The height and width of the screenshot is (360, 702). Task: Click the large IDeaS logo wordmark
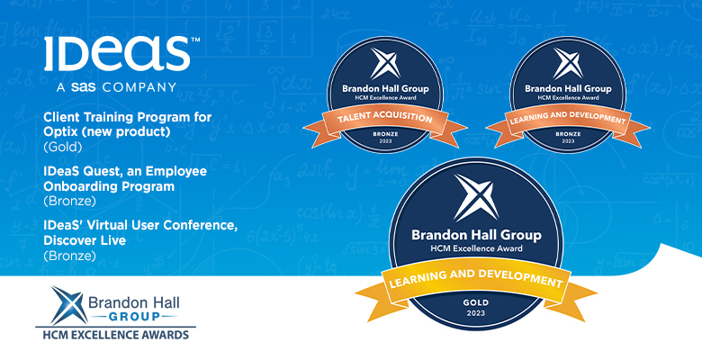click(x=117, y=54)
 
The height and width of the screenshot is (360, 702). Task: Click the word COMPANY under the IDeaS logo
click(x=139, y=87)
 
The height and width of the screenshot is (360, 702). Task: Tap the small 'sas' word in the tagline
click(x=83, y=87)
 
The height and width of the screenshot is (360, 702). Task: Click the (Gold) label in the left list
click(x=63, y=147)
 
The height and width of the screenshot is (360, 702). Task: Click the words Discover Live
click(x=85, y=240)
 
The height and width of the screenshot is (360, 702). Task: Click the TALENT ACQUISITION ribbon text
click(x=384, y=117)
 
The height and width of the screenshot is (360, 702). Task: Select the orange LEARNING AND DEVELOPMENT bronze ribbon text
click(x=568, y=117)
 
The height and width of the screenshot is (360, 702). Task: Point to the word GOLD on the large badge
click(x=475, y=303)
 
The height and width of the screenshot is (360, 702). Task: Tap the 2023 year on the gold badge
click(x=475, y=313)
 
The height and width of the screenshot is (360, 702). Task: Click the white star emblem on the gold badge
click(x=476, y=197)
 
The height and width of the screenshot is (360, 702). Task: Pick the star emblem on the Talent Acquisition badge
click(x=385, y=64)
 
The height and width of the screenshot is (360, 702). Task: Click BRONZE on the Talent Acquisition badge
click(x=385, y=134)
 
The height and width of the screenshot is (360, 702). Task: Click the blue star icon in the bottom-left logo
click(x=69, y=305)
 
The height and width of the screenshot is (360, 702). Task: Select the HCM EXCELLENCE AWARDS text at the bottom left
click(x=115, y=334)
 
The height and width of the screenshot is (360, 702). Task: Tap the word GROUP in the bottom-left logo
click(x=134, y=317)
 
